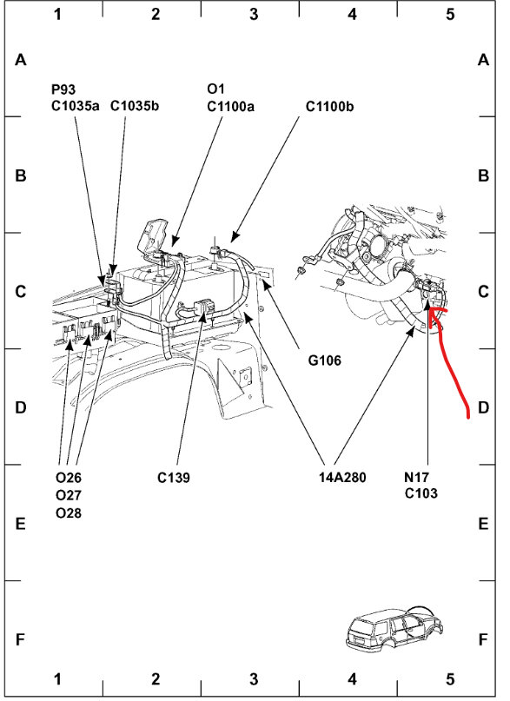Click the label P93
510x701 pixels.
(x=63, y=89)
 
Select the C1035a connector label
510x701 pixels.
(x=75, y=106)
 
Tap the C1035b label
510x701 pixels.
(x=135, y=106)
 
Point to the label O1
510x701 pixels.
(x=215, y=89)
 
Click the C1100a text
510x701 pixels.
(x=230, y=106)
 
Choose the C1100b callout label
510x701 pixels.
(x=330, y=106)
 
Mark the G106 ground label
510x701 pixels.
(x=324, y=360)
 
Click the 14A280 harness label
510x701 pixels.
(x=342, y=478)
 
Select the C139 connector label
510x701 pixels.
(x=174, y=478)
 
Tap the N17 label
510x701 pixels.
(x=416, y=477)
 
